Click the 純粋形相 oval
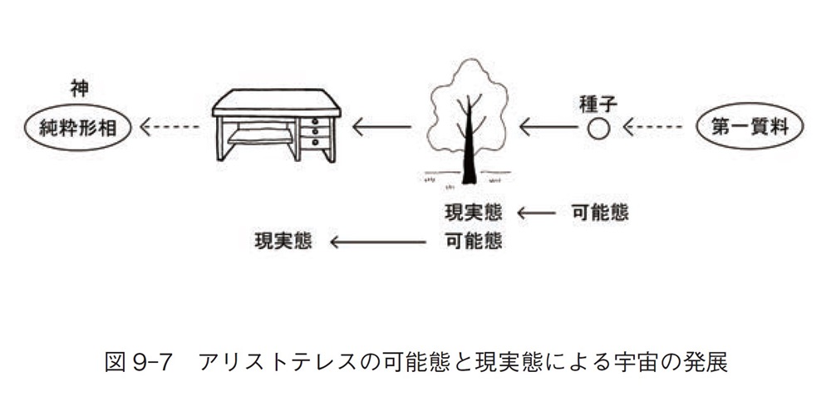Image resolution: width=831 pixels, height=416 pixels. pos(79,128)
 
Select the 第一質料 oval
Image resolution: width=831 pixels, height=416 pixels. pos(749,128)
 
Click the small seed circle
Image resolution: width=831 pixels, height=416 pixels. pos(598,128)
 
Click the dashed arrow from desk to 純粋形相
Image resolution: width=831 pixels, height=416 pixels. pos(171,128)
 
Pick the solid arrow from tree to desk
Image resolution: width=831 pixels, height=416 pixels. pos(381,128)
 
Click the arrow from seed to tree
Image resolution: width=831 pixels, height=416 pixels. pos(548,128)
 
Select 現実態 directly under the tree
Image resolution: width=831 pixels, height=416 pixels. pos(474,213)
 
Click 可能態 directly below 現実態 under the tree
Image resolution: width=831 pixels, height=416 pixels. pos(474,241)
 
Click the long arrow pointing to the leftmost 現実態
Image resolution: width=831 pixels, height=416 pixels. pos(378,242)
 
